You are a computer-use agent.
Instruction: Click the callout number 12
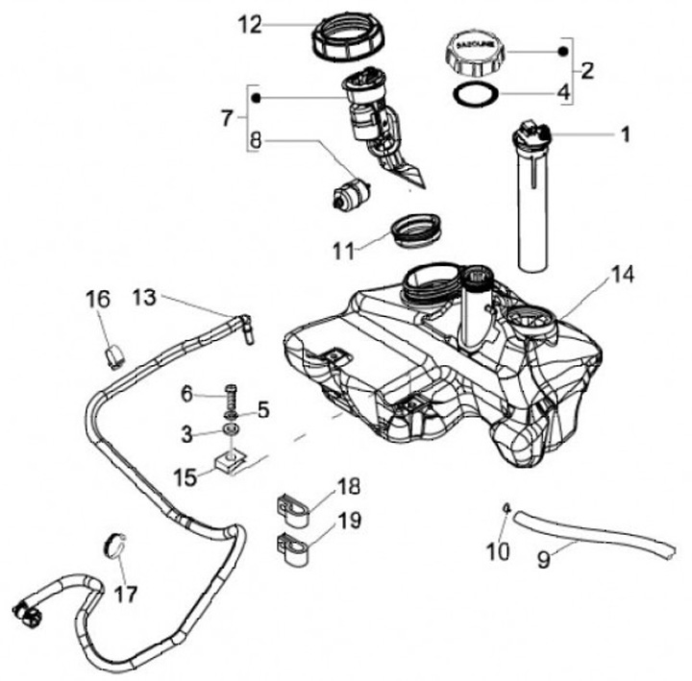[249, 25]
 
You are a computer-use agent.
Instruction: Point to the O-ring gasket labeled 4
[475, 94]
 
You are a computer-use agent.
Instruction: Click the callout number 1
[625, 134]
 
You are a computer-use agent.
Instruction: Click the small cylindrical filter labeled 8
[351, 191]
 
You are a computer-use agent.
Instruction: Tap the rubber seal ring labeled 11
[415, 233]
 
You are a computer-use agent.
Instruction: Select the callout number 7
[227, 118]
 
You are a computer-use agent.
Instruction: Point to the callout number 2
[587, 70]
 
